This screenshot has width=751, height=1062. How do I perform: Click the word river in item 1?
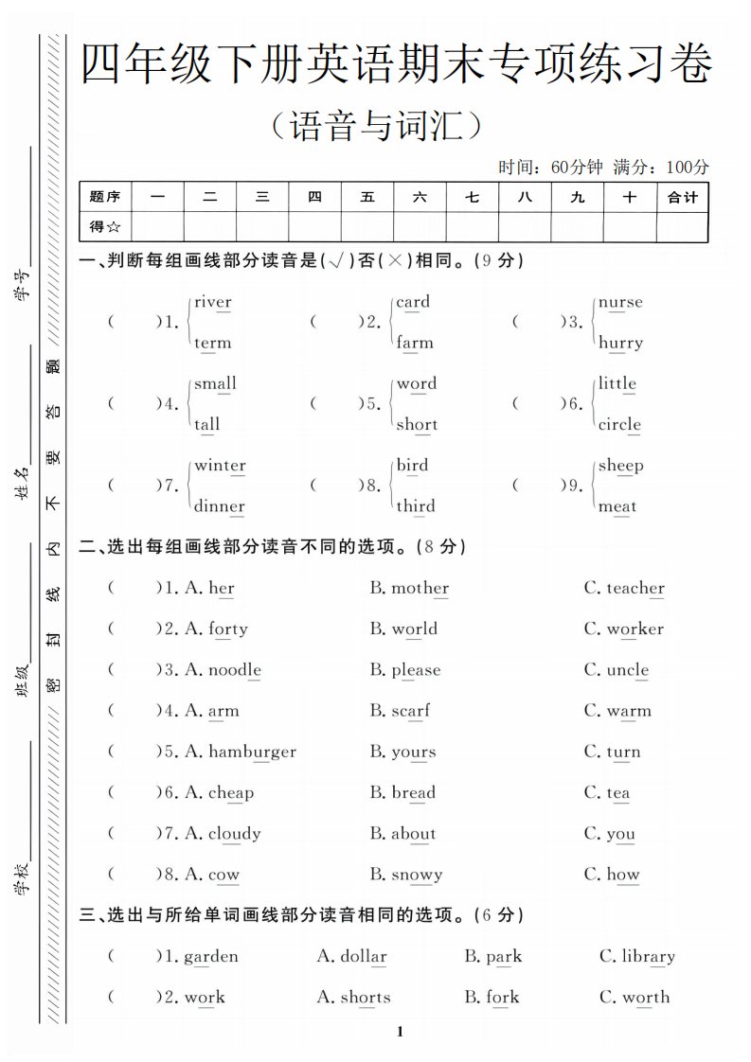click(212, 303)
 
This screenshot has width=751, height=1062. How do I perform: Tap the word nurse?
click(620, 303)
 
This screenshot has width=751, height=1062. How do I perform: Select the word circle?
click(619, 425)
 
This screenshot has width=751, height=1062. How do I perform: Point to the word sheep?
click(620, 466)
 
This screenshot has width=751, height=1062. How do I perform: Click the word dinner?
click(220, 506)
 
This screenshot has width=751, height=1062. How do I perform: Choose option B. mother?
click(409, 588)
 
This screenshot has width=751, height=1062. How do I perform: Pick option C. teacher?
click(624, 588)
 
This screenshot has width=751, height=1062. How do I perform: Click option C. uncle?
click(617, 670)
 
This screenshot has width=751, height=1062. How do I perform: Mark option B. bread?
click(402, 792)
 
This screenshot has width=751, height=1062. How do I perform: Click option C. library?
click(637, 956)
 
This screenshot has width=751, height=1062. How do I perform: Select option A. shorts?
click(353, 997)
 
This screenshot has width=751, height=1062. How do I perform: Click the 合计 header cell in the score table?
click(682, 198)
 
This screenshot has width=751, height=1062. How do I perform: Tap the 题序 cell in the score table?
click(105, 198)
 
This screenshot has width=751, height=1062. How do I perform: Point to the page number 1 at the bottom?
click(401, 1031)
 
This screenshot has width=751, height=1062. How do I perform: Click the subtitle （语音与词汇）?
click(378, 126)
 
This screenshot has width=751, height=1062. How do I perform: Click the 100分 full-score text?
click(688, 168)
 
